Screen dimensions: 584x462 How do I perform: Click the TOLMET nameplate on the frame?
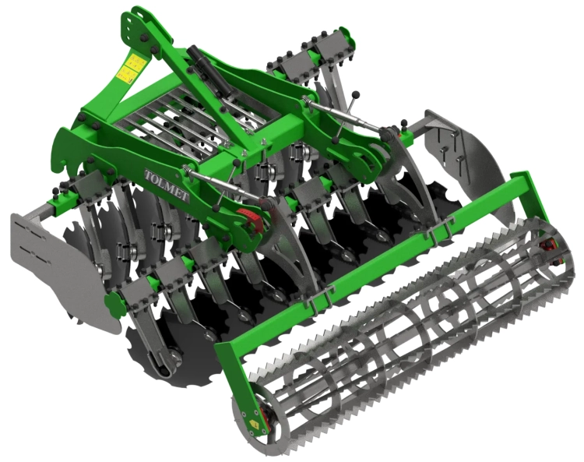coord(167,185)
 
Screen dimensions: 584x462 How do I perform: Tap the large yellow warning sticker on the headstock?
coord(130,68)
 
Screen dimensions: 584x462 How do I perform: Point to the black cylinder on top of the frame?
coord(209,70)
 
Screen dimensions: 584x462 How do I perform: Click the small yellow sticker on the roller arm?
coord(255,423)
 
